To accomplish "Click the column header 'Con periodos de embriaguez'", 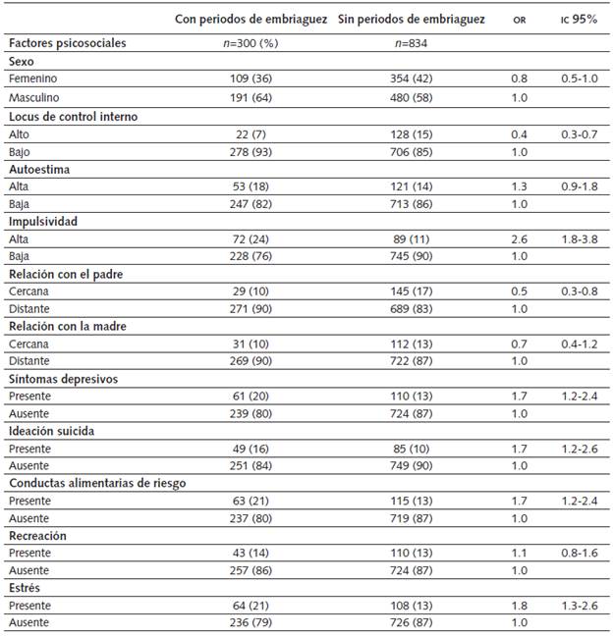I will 251,20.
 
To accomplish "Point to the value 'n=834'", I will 411,43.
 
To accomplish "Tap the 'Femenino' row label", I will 31,79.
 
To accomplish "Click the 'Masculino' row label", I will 33,98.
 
